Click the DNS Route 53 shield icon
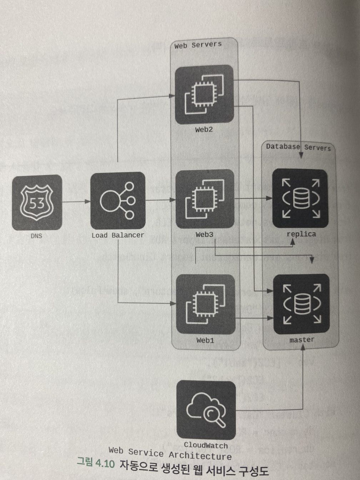(x=37, y=202)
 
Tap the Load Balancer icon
(x=117, y=200)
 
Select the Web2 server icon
(x=204, y=94)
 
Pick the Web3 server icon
(x=205, y=199)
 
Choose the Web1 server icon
(x=205, y=304)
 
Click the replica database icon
(x=300, y=198)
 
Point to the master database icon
(x=301, y=304)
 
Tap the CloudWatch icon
(x=206, y=410)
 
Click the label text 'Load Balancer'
(x=117, y=235)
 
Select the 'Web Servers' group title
(x=198, y=45)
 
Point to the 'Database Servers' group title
(x=298, y=147)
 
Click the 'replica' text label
(x=301, y=234)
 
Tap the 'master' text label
(x=302, y=340)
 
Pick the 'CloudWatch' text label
(x=206, y=445)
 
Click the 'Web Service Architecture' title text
(x=170, y=453)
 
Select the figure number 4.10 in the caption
(x=105, y=464)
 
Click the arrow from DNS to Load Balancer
(x=76, y=202)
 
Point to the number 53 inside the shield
(x=37, y=204)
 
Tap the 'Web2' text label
(x=204, y=130)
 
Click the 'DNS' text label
(x=36, y=236)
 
